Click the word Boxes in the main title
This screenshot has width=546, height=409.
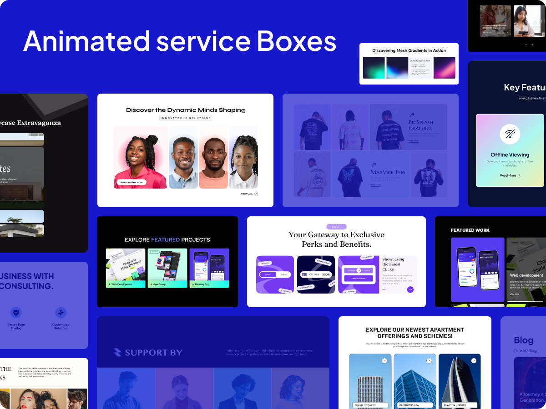click(x=296, y=41)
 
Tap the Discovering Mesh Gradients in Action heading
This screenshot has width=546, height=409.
click(x=409, y=50)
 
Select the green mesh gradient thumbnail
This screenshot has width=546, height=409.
click(x=374, y=68)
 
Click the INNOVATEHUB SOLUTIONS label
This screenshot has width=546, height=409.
click(x=186, y=118)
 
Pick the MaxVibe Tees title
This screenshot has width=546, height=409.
click(x=388, y=172)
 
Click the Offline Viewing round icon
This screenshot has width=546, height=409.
click(x=510, y=134)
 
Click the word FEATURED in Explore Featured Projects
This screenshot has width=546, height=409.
click(x=165, y=239)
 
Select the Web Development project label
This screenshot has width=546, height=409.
click(x=122, y=284)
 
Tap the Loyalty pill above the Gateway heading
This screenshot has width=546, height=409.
click(x=336, y=227)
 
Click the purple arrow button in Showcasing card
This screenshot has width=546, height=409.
click(x=410, y=289)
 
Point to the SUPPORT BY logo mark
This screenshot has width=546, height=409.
click(x=117, y=353)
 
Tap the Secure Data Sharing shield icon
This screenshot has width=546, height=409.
click(x=16, y=313)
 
